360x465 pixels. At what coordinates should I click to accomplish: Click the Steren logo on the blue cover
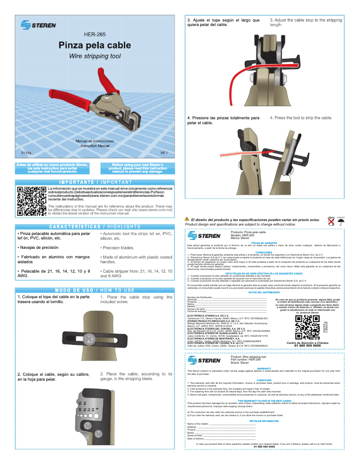tap(38, 25)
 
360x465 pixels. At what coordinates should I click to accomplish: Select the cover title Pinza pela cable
tap(95, 45)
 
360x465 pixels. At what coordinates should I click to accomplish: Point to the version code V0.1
tap(164, 153)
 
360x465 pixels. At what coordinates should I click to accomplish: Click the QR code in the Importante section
tap(31, 201)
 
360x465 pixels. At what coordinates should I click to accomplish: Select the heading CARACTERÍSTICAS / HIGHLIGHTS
tap(95, 227)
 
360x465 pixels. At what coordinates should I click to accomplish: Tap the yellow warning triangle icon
tap(187, 219)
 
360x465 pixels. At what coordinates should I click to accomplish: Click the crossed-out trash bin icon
tap(331, 221)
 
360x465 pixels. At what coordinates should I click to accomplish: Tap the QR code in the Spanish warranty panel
tap(307, 326)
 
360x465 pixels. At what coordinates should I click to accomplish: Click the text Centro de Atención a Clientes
tap(307, 343)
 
